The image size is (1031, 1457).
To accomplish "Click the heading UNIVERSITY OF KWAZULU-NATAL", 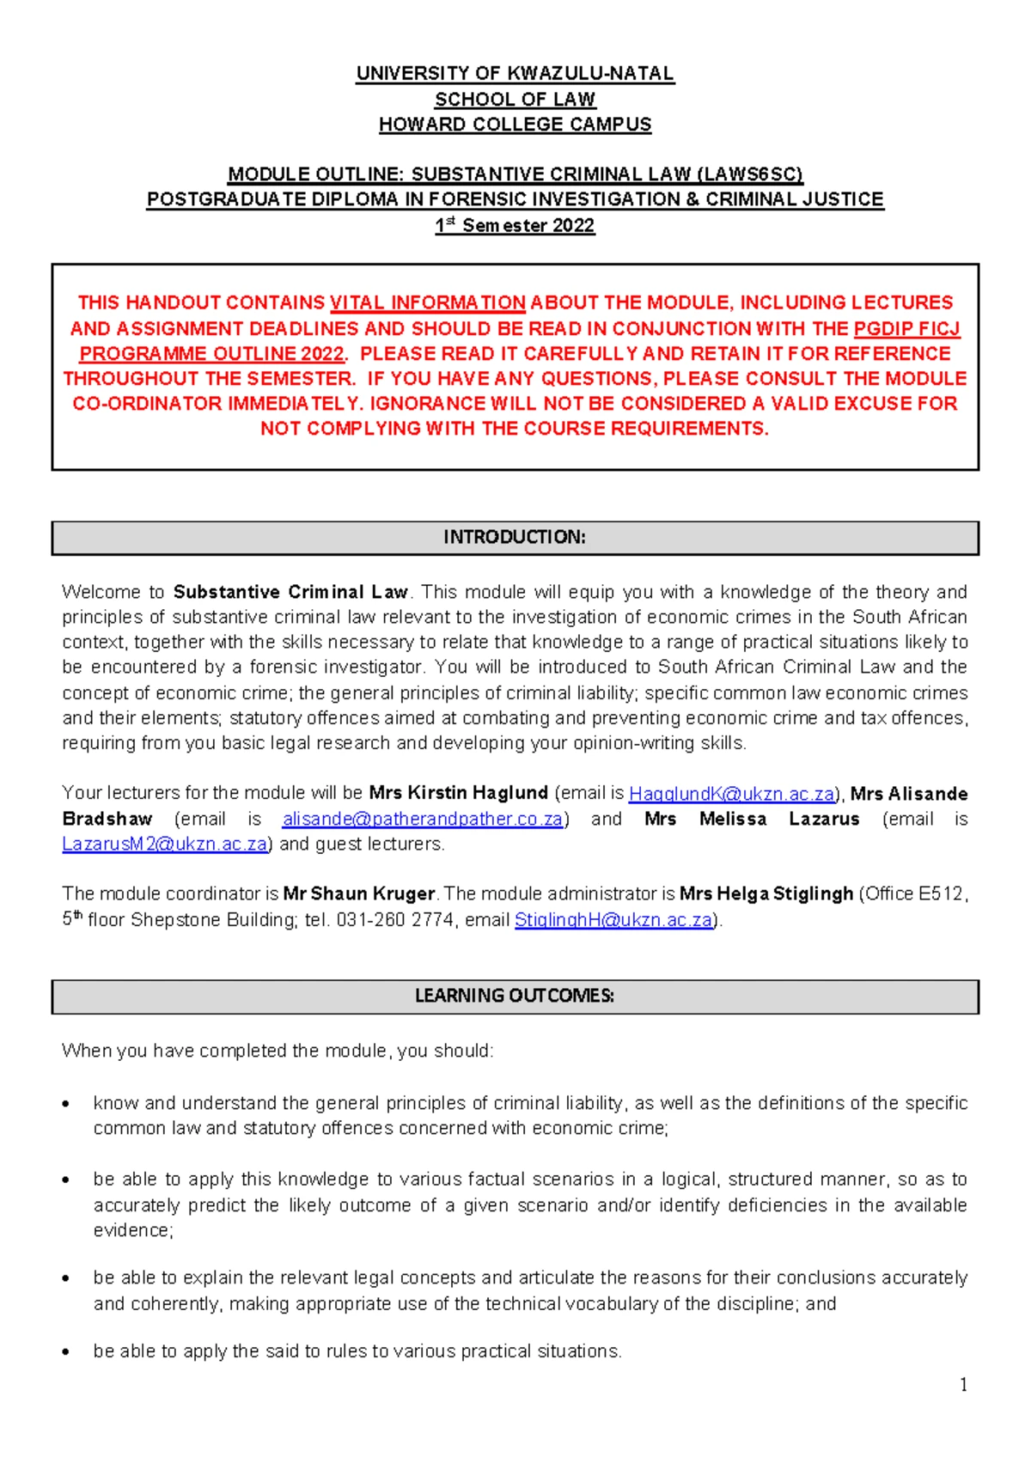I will pyautogui.click(x=515, y=74).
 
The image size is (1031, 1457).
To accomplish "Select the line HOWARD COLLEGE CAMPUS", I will pyautogui.click(x=515, y=125).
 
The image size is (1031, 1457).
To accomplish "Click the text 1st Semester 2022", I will pyautogui.click(x=515, y=226).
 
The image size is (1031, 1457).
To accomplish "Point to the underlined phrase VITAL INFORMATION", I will pyautogui.click(x=427, y=302).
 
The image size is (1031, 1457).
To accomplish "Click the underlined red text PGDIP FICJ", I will pyautogui.click(x=906, y=328).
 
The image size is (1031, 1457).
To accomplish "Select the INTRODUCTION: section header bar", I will pyautogui.click(x=515, y=538).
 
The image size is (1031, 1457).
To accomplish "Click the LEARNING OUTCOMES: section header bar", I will pyautogui.click(x=515, y=997).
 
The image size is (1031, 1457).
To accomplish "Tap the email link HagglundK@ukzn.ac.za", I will pyautogui.click(x=731, y=794).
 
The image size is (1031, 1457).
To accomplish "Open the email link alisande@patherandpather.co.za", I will pyautogui.click(x=422, y=819).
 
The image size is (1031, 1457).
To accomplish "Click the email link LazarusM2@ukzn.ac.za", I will pyautogui.click(x=164, y=844).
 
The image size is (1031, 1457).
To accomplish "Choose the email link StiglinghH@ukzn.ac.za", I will pyautogui.click(x=613, y=920).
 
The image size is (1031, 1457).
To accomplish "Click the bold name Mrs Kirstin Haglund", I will pyautogui.click(x=458, y=793).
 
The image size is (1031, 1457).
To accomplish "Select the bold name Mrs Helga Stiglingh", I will pyautogui.click(x=766, y=894).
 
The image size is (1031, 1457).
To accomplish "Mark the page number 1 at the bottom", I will pyautogui.click(x=963, y=1385).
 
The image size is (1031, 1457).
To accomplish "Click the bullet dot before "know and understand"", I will pyautogui.click(x=66, y=1104).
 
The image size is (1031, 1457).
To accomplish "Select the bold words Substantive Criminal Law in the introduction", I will pyautogui.click(x=290, y=592).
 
